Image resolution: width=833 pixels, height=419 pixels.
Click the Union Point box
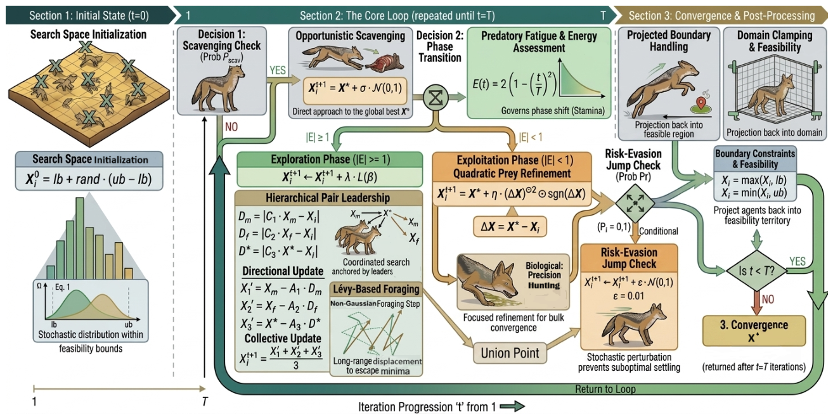click(510, 353)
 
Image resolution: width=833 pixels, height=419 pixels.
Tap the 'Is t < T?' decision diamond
click(756, 271)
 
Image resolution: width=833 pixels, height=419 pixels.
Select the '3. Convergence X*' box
click(754, 331)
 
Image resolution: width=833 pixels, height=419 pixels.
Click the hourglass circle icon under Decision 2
click(436, 98)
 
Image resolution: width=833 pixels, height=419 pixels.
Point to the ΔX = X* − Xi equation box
click(510, 226)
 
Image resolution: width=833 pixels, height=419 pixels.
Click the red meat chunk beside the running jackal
click(384, 61)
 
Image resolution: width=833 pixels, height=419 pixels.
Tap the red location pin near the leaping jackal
click(701, 102)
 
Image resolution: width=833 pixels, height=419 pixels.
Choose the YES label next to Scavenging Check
click(278, 70)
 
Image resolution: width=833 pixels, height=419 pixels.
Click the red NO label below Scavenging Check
click(231, 127)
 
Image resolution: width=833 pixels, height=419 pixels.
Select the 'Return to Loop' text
click(605, 389)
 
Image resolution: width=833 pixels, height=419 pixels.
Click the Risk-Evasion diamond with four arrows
click(635, 203)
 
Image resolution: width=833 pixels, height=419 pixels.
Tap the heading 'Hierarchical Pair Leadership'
click(328, 198)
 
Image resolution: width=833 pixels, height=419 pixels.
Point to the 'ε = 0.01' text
click(628, 296)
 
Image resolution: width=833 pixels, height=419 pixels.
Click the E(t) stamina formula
click(515, 84)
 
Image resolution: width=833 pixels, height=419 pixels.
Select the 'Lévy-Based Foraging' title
click(376, 289)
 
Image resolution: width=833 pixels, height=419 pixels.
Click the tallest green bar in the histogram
click(80, 238)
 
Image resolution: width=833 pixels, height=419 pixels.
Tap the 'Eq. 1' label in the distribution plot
click(62, 287)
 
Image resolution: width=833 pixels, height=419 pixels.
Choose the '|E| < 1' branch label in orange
click(531, 137)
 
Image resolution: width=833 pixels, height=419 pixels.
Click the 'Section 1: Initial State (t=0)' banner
click(89, 16)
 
